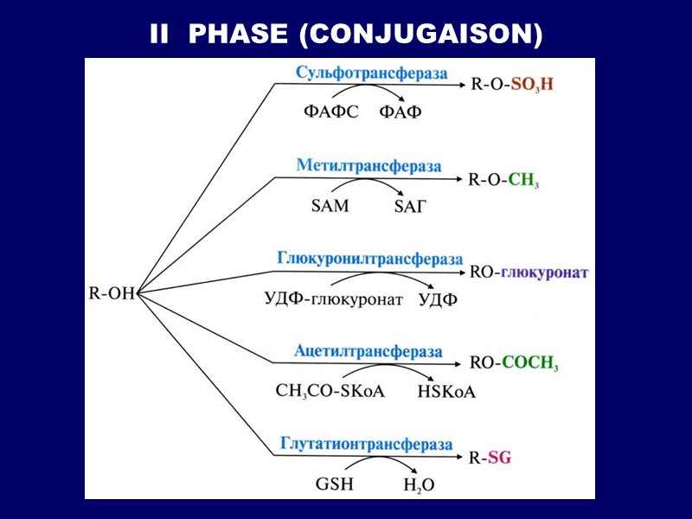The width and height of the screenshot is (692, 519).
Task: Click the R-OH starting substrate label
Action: pyautogui.click(x=112, y=293)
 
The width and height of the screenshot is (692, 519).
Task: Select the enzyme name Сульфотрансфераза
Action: pyautogui.click(x=371, y=73)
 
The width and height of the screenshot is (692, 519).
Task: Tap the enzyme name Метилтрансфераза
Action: pyautogui.click(x=368, y=165)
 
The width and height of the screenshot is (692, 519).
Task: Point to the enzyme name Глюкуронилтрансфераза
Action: pyautogui.click(x=370, y=259)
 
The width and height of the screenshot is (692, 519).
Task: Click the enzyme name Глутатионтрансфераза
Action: pyautogui.click(x=367, y=444)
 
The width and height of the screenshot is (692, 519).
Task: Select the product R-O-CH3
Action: pyautogui.click(x=503, y=180)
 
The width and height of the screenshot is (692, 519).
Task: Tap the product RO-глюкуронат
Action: pyautogui.click(x=529, y=272)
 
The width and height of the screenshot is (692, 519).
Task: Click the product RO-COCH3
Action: pyautogui.click(x=514, y=363)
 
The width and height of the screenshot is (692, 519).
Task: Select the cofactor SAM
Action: pyautogui.click(x=330, y=206)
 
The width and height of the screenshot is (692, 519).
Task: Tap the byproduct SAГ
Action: pyautogui.click(x=411, y=206)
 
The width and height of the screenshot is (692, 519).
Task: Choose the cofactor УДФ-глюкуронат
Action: pyautogui.click(x=334, y=300)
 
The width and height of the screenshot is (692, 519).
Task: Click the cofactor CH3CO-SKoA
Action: pyautogui.click(x=330, y=391)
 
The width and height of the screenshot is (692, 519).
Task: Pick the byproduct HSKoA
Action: pyautogui.click(x=446, y=392)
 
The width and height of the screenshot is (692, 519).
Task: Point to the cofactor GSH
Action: pyautogui.click(x=334, y=484)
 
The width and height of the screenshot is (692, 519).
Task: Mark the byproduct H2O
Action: pyautogui.click(x=419, y=485)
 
